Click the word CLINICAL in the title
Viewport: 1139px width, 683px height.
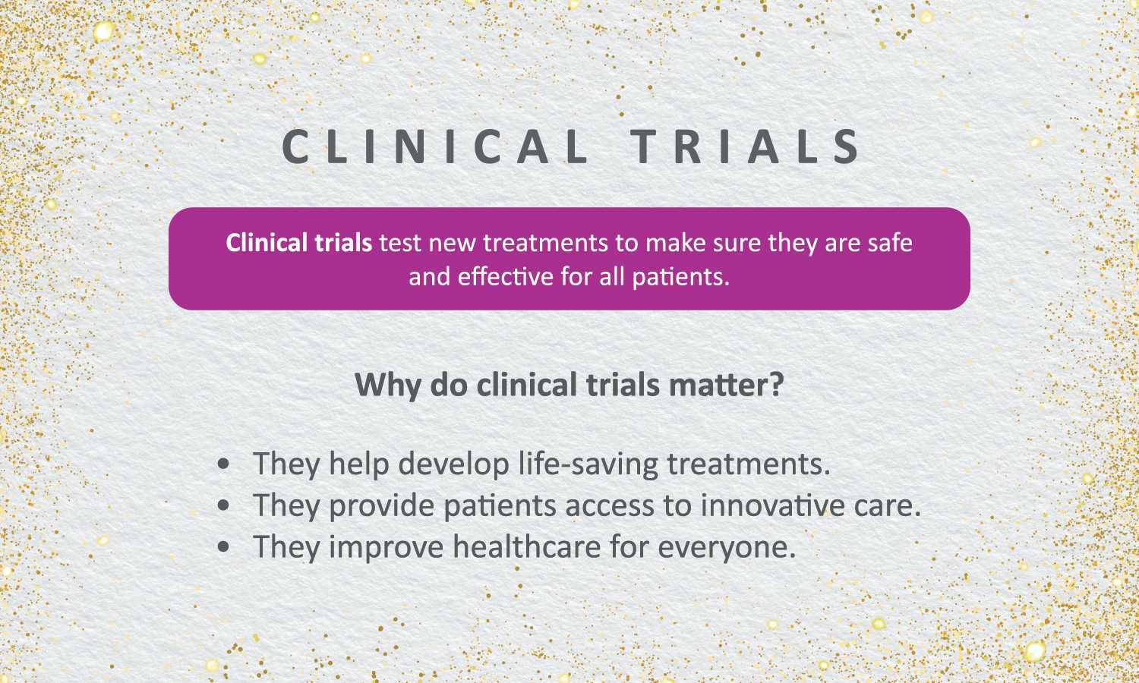pyautogui.click(x=434, y=146)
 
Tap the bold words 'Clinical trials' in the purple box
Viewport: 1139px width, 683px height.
pyautogui.click(x=299, y=243)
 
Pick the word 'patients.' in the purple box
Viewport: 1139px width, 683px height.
pyautogui.click(x=681, y=278)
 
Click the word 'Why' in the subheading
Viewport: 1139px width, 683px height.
pyautogui.click(x=388, y=386)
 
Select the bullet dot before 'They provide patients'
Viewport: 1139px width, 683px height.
pyautogui.click(x=222, y=505)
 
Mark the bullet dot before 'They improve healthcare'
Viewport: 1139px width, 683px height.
pyautogui.click(x=222, y=547)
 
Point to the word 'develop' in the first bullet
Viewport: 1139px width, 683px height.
pyautogui.click(x=453, y=464)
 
